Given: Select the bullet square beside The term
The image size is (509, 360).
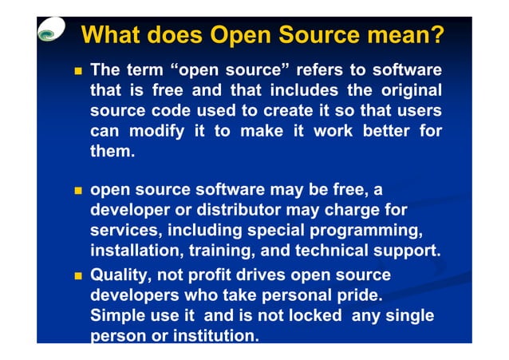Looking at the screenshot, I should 77,71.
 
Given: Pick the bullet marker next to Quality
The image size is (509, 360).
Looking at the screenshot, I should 77,275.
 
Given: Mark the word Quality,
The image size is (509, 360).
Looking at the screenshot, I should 123,275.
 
